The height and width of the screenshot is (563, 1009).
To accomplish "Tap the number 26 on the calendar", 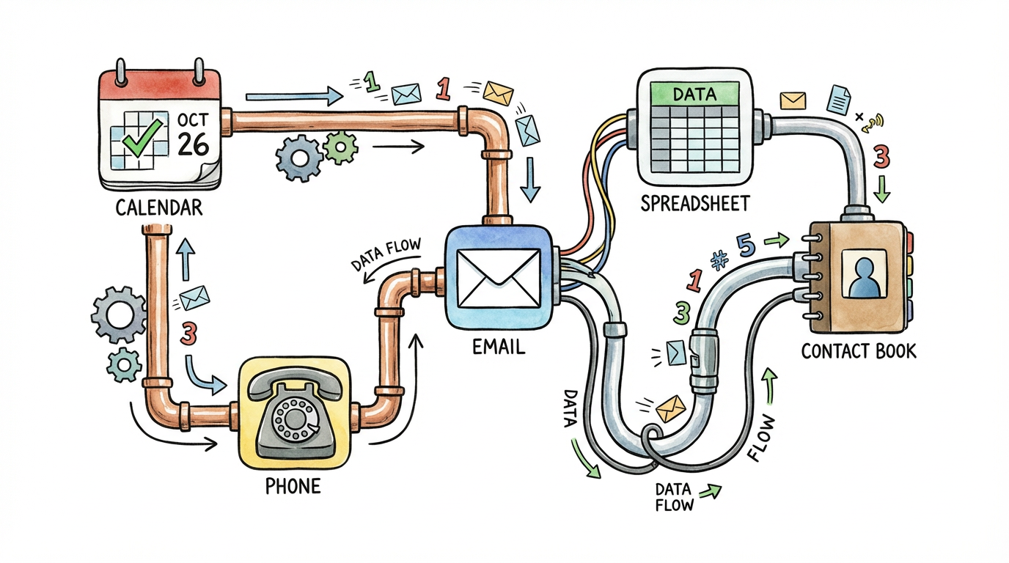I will point(194,144).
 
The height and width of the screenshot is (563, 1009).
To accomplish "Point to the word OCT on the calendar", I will point(193,119).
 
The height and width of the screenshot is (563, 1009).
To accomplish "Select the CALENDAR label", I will point(159,208).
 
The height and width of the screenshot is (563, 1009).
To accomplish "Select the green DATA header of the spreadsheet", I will point(694,93).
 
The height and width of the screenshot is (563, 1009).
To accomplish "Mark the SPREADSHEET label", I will point(695,202).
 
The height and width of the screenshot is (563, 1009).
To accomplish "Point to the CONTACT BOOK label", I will point(858,351).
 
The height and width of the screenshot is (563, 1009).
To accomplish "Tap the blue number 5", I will point(747,246).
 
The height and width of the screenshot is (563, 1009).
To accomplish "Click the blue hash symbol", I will point(718,260).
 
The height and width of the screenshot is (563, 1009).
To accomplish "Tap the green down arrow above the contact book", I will point(883,189).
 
